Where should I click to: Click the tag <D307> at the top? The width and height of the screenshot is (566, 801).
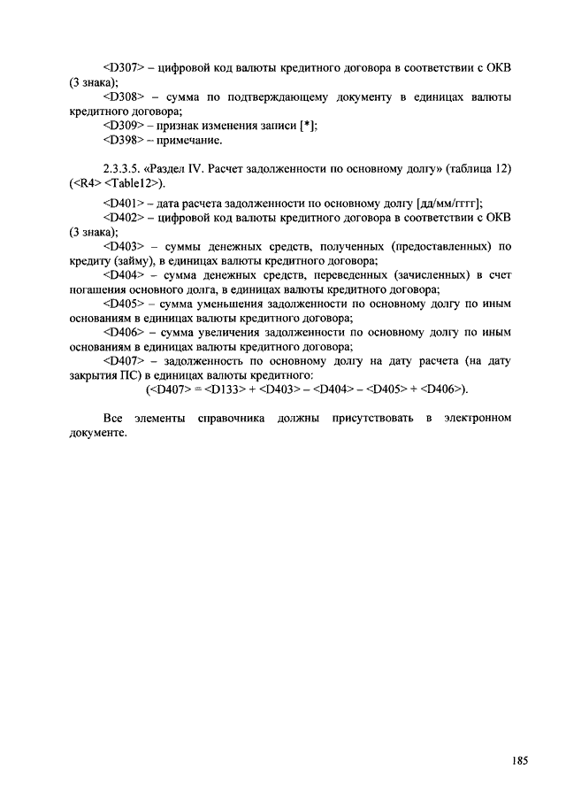[123, 67]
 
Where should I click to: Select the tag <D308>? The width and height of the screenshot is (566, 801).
[123, 96]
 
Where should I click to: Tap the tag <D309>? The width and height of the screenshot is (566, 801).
[123, 126]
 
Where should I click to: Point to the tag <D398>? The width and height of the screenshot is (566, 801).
[123, 140]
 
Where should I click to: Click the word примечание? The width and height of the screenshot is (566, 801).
[190, 140]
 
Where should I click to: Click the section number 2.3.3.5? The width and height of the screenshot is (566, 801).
[123, 169]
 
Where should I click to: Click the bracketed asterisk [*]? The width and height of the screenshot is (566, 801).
[308, 126]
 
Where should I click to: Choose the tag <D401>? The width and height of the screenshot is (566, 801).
[123, 203]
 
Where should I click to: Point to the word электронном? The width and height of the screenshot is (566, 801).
[478, 419]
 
